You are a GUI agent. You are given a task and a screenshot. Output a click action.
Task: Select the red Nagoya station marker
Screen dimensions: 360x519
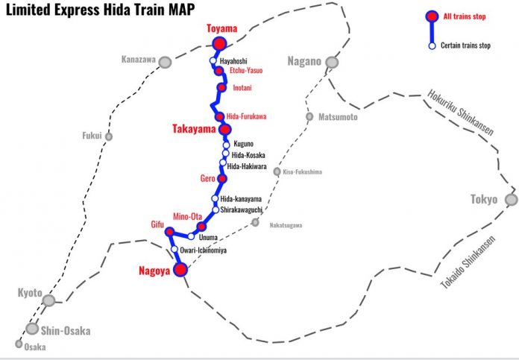click(180, 270)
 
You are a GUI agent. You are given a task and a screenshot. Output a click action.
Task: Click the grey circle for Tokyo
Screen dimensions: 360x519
click(511, 199)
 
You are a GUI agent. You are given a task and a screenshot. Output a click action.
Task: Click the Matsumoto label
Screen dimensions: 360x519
click(338, 117)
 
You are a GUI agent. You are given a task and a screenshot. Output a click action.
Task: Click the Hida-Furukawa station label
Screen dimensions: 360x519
click(246, 116)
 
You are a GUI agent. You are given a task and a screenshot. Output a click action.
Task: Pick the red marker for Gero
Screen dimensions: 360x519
click(222, 179)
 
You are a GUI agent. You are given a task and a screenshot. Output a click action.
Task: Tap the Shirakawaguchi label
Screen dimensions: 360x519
click(243, 210)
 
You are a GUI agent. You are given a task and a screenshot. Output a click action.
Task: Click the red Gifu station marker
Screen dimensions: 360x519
click(169, 232)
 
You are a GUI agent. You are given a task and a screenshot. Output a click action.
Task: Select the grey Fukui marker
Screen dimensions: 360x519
click(109, 136)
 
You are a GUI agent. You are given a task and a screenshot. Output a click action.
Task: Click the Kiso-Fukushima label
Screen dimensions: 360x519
click(303, 171)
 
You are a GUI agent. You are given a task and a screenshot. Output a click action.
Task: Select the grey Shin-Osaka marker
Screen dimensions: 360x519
click(32, 328)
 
